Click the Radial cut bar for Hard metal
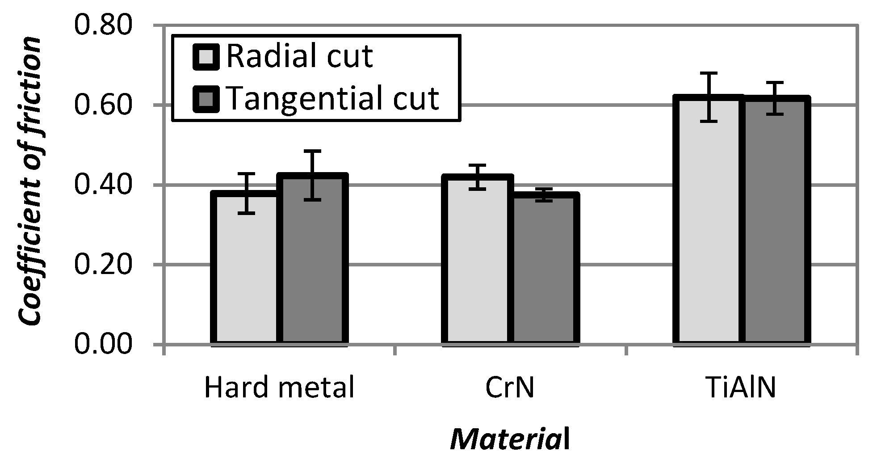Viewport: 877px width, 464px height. point(246,268)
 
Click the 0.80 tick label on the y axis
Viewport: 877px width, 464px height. point(103,25)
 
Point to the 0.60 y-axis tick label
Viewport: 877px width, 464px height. point(103,105)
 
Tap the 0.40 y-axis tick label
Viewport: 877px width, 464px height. point(103,185)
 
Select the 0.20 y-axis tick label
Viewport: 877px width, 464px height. point(103,265)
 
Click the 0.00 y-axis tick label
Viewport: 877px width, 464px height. point(103,345)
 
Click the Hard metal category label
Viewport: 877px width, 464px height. point(279,388)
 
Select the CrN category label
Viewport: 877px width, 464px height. point(510,388)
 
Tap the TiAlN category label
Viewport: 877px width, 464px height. point(742,388)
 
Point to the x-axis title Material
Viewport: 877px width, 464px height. point(510,440)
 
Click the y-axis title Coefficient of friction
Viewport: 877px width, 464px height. point(30,181)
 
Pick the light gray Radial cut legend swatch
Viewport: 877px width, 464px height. point(206,57)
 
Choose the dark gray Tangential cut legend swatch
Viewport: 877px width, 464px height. point(206,98)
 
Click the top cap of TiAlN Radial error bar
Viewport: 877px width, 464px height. point(708,73)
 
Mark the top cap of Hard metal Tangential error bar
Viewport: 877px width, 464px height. point(314,151)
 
